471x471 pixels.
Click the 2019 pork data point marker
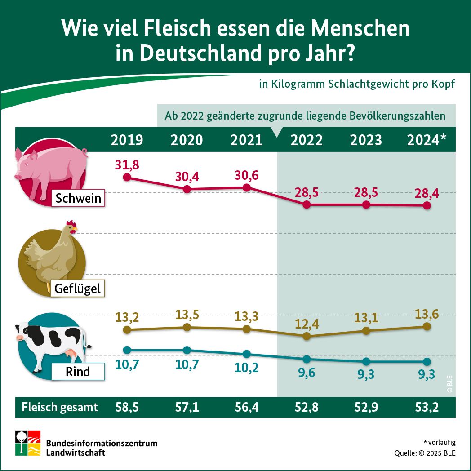click(x=127, y=177)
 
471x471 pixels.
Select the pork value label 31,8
click(x=127, y=164)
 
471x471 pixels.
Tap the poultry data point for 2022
click(x=307, y=336)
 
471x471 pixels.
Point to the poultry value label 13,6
click(x=427, y=314)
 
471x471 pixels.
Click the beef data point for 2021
click(x=246, y=354)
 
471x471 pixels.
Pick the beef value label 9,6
click(x=307, y=372)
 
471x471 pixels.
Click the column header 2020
click(x=187, y=140)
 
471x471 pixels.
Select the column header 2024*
click(x=427, y=140)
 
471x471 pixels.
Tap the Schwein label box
click(x=78, y=198)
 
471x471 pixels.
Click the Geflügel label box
click(x=78, y=288)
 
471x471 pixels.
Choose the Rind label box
click(x=78, y=372)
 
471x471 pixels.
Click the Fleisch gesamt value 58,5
click(x=127, y=407)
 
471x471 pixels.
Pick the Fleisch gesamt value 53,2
click(x=427, y=407)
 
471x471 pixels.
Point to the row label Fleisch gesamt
click(x=60, y=407)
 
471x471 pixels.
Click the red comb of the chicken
click(x=70, y=223)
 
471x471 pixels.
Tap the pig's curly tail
click(x=84, y=154)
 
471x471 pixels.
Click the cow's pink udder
click(x=71, y=355)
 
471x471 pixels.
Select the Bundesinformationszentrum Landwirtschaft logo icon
click(x=28, y=443)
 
